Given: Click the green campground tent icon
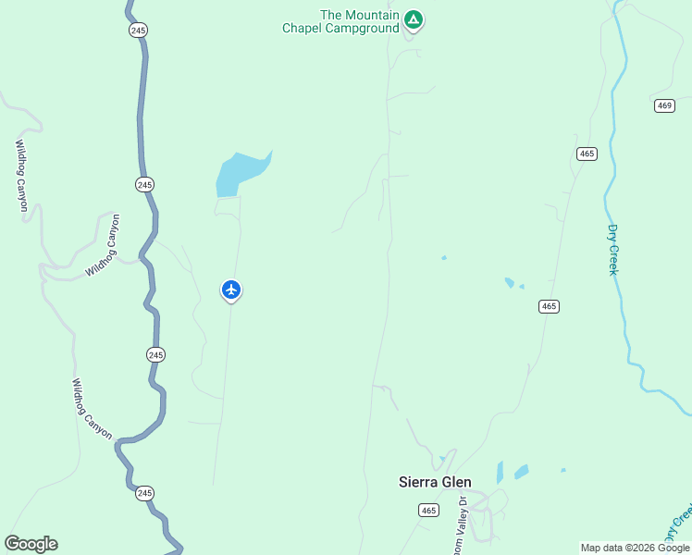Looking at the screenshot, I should click(414, 18).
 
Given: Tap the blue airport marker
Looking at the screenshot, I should click(231, 290).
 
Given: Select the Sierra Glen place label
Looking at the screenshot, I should click(435, 482).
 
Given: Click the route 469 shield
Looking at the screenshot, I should click(664, 105).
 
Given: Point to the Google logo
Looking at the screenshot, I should click(31, 544).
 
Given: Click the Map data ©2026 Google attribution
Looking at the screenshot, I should click(635, 548).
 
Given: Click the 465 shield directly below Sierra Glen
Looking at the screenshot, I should click(427, 510).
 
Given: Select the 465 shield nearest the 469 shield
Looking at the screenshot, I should click(586, 154).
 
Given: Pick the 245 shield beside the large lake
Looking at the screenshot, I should click(143, 185).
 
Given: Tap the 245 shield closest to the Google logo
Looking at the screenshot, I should click(144, 493).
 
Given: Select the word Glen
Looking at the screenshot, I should click(456, 482).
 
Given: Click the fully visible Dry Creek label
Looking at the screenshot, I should click(612, 250).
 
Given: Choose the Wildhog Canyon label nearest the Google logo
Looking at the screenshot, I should click(92, 409).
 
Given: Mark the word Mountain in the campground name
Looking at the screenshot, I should click(373, 15).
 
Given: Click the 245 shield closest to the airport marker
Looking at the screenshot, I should click(155, 354).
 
